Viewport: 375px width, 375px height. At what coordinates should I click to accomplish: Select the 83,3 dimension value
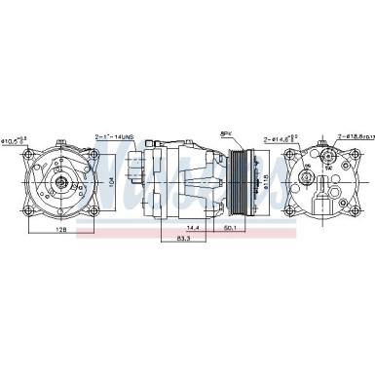pos(181,239)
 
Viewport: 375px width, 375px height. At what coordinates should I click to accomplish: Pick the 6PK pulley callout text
pos(225,132)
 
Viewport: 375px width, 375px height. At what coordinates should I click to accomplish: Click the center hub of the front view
pos(60,180)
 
